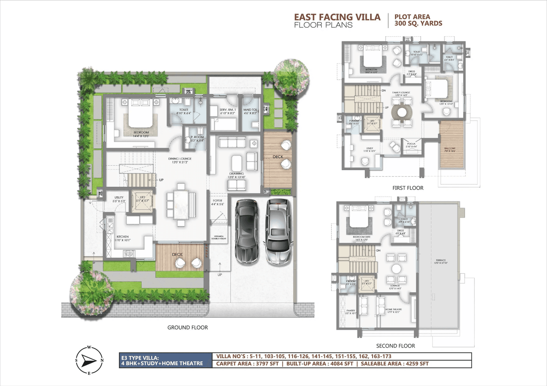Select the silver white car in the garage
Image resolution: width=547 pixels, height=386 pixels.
pyautogui.click(x=278, y=230)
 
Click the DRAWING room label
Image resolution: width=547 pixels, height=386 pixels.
pyautogui.click(x=236, y=174)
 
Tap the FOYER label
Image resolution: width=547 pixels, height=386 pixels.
pyautogui.click(x=218, y=201)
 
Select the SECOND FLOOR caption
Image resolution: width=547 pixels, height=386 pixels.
pyautogui.click(x=395, y=346)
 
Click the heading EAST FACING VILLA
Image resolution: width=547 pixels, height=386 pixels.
pyautogui.click(x=337, y=17)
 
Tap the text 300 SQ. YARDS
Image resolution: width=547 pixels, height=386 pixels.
pyautogui.click(x=418, y=24)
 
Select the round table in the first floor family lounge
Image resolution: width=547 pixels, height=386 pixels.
pyautogui.click(x=402, y=112)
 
